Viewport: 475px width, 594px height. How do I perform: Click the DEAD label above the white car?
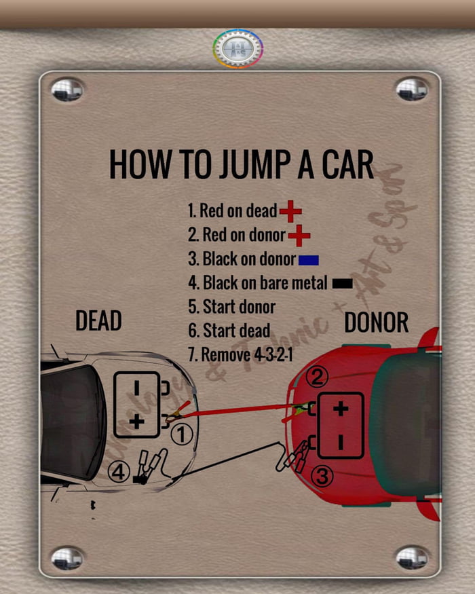click(98, 320)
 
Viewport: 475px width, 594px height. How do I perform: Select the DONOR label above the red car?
click(377, 323)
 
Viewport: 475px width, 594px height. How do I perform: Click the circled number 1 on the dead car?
click(182, 435)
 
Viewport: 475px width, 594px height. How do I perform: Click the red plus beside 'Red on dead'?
click(290, 211)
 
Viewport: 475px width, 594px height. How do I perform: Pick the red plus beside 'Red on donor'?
click(299, 236)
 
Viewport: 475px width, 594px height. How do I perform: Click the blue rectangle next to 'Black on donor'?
click(309, 260)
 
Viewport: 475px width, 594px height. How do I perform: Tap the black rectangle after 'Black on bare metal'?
click(343, 284)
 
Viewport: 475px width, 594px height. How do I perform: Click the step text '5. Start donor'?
click(231, 306)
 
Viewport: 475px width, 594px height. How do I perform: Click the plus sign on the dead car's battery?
click(136, 422)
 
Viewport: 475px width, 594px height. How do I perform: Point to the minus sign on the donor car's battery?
click(341, 442)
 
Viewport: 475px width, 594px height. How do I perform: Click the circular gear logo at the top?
click(237, 48)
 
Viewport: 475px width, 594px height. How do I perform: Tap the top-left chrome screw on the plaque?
click(67, 90)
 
